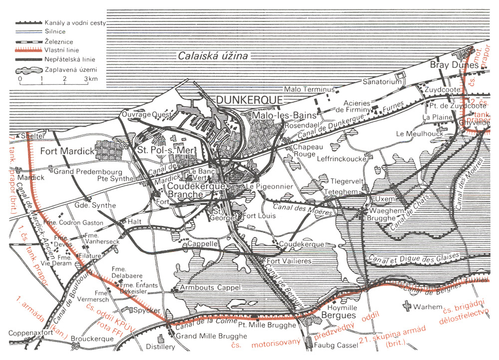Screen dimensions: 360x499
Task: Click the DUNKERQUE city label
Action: pyautogui.click(x=250, y=100)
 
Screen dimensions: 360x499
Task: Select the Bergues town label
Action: pyautogui.click(x=327, y=316)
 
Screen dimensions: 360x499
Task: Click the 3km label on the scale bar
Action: pyautogui.click(x=90, y=79)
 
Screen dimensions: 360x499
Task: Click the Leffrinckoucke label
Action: pyautogui.click(x=333, y=156)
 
